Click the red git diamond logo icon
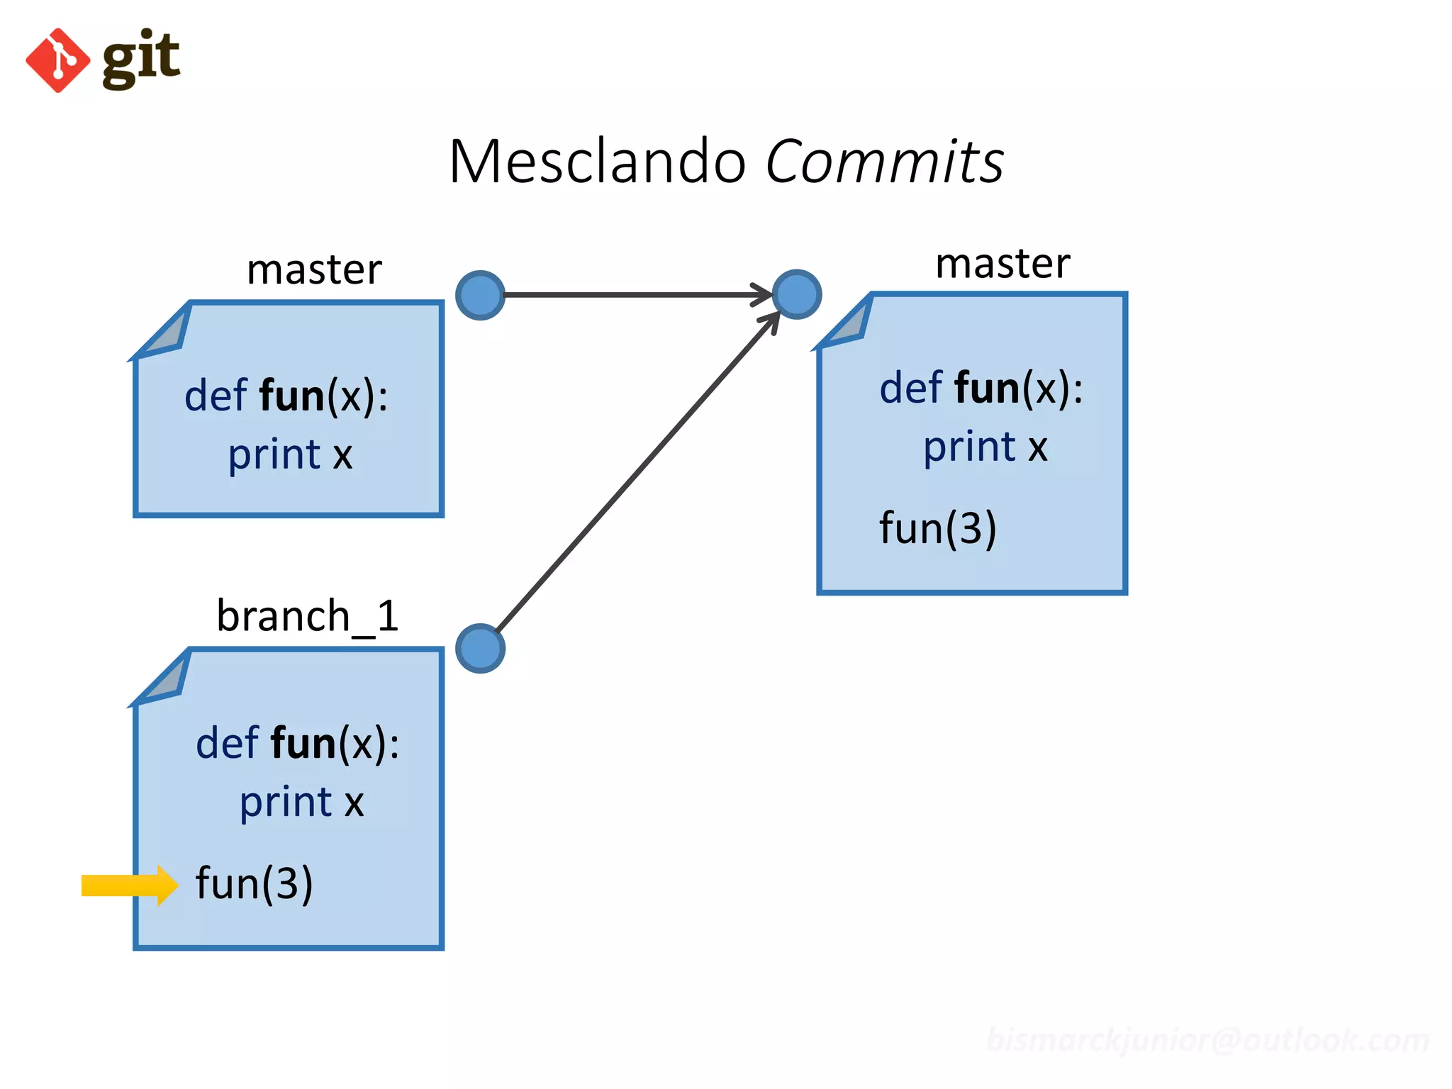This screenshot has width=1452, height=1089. pos(57,60)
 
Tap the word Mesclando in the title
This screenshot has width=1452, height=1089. pos(597,162)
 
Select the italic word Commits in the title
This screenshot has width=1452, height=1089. pos(884,162)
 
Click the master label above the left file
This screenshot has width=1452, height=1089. pos(314,270)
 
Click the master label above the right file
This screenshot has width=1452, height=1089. pos(1003,264)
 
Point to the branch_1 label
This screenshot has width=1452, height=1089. pos(308,615)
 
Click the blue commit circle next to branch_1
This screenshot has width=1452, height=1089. pos(480,648)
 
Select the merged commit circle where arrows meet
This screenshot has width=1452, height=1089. pos(796,294)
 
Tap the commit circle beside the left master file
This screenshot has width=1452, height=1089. pos(480,295)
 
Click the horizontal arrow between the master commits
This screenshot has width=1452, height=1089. pos(631,294)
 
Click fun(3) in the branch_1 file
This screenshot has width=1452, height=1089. pos(254,883)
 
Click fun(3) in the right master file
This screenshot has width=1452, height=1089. pos(937,528)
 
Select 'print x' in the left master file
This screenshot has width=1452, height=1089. pos(290,454)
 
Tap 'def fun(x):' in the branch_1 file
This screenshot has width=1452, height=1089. pos(297,743)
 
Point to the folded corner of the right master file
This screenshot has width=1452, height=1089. pos(847,323)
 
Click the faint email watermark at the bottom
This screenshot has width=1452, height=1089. pos(1207,1040)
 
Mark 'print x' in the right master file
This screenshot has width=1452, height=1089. pos(985,447)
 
